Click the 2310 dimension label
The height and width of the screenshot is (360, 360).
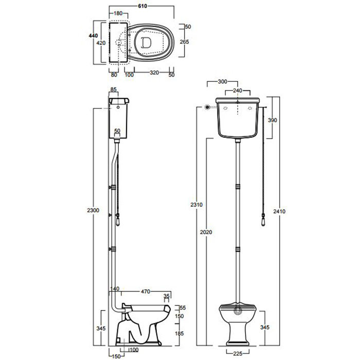click(x=196, y=205)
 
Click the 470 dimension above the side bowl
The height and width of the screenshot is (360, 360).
click(x=146, y=292)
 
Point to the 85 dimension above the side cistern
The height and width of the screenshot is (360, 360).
click(x=114, y=91)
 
